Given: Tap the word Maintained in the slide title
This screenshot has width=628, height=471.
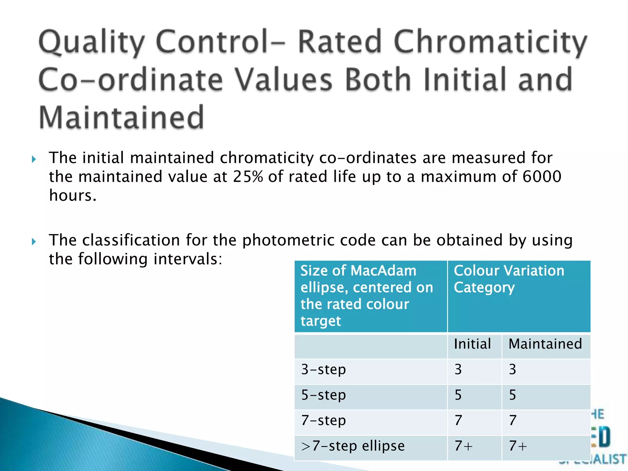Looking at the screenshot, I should (x=121, y=117).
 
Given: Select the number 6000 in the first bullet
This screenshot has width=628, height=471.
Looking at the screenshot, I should (x=542, y=177).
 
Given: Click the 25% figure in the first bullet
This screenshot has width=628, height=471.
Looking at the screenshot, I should (x=248, y=177).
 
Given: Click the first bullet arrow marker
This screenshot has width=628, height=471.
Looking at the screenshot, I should (x=34, y=159).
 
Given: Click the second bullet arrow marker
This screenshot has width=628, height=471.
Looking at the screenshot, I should (x=34, y=242).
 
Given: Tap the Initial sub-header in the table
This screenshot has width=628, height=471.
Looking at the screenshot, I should (x=472, y=344).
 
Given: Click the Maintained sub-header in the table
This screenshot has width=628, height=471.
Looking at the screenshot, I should (x=545, y=344).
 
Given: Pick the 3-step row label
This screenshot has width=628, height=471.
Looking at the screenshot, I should (x=324, y=370).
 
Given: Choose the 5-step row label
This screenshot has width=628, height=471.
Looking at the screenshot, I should (x=324, y=395).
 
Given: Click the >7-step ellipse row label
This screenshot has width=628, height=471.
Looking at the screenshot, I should (x=353, y=446).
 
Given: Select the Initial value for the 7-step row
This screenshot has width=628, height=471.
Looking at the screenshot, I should (x=458, y=420).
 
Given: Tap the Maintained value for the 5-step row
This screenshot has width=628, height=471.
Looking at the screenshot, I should (x=513, y=395).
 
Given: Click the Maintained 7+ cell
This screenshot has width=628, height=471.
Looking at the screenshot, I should (x=518, y=446).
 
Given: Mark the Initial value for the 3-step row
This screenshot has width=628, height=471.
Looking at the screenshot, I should (x=458, y=370).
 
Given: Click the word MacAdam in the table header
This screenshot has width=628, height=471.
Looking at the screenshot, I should (x=383, y=271).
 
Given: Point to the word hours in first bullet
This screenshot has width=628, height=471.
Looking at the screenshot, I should (x=72, y=195).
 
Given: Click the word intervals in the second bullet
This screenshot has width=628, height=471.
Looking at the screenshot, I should (x=187, y=259).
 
